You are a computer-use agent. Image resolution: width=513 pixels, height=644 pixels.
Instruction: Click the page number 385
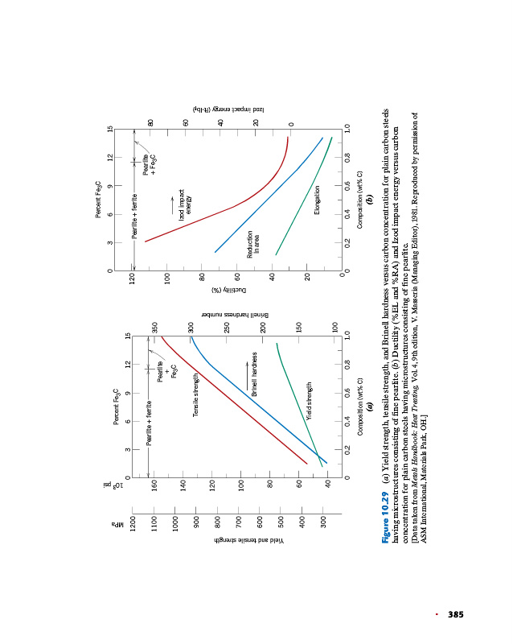click(x=456, y=615)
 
